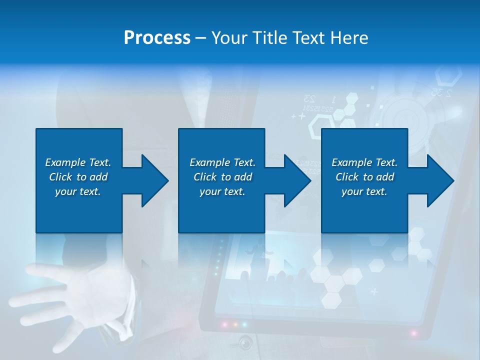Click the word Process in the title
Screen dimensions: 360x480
pos(157,38)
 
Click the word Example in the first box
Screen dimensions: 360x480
pos(65,162)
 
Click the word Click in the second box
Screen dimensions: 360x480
pos(205,177)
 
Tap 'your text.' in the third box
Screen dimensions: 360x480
pos(364,191)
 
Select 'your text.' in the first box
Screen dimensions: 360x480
pos(78,191)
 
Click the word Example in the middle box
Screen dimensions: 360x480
pos(209,162)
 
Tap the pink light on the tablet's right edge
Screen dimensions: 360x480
pos(414,333)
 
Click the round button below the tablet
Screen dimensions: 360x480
pos(245,343)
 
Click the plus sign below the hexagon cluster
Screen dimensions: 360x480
pos(374,291)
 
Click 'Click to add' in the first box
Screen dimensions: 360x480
pos(78,177)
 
